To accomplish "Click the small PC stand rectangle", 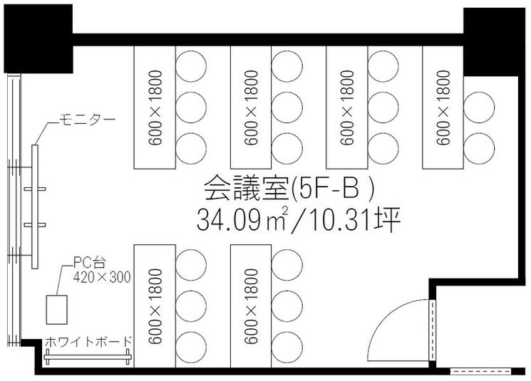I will tap(56, 309).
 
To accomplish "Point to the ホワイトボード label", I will tap(88, 342).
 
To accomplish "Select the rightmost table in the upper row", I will tap(443, 107).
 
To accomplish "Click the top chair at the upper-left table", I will tap(190, 65).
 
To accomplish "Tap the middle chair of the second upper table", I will tap(287, 106).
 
